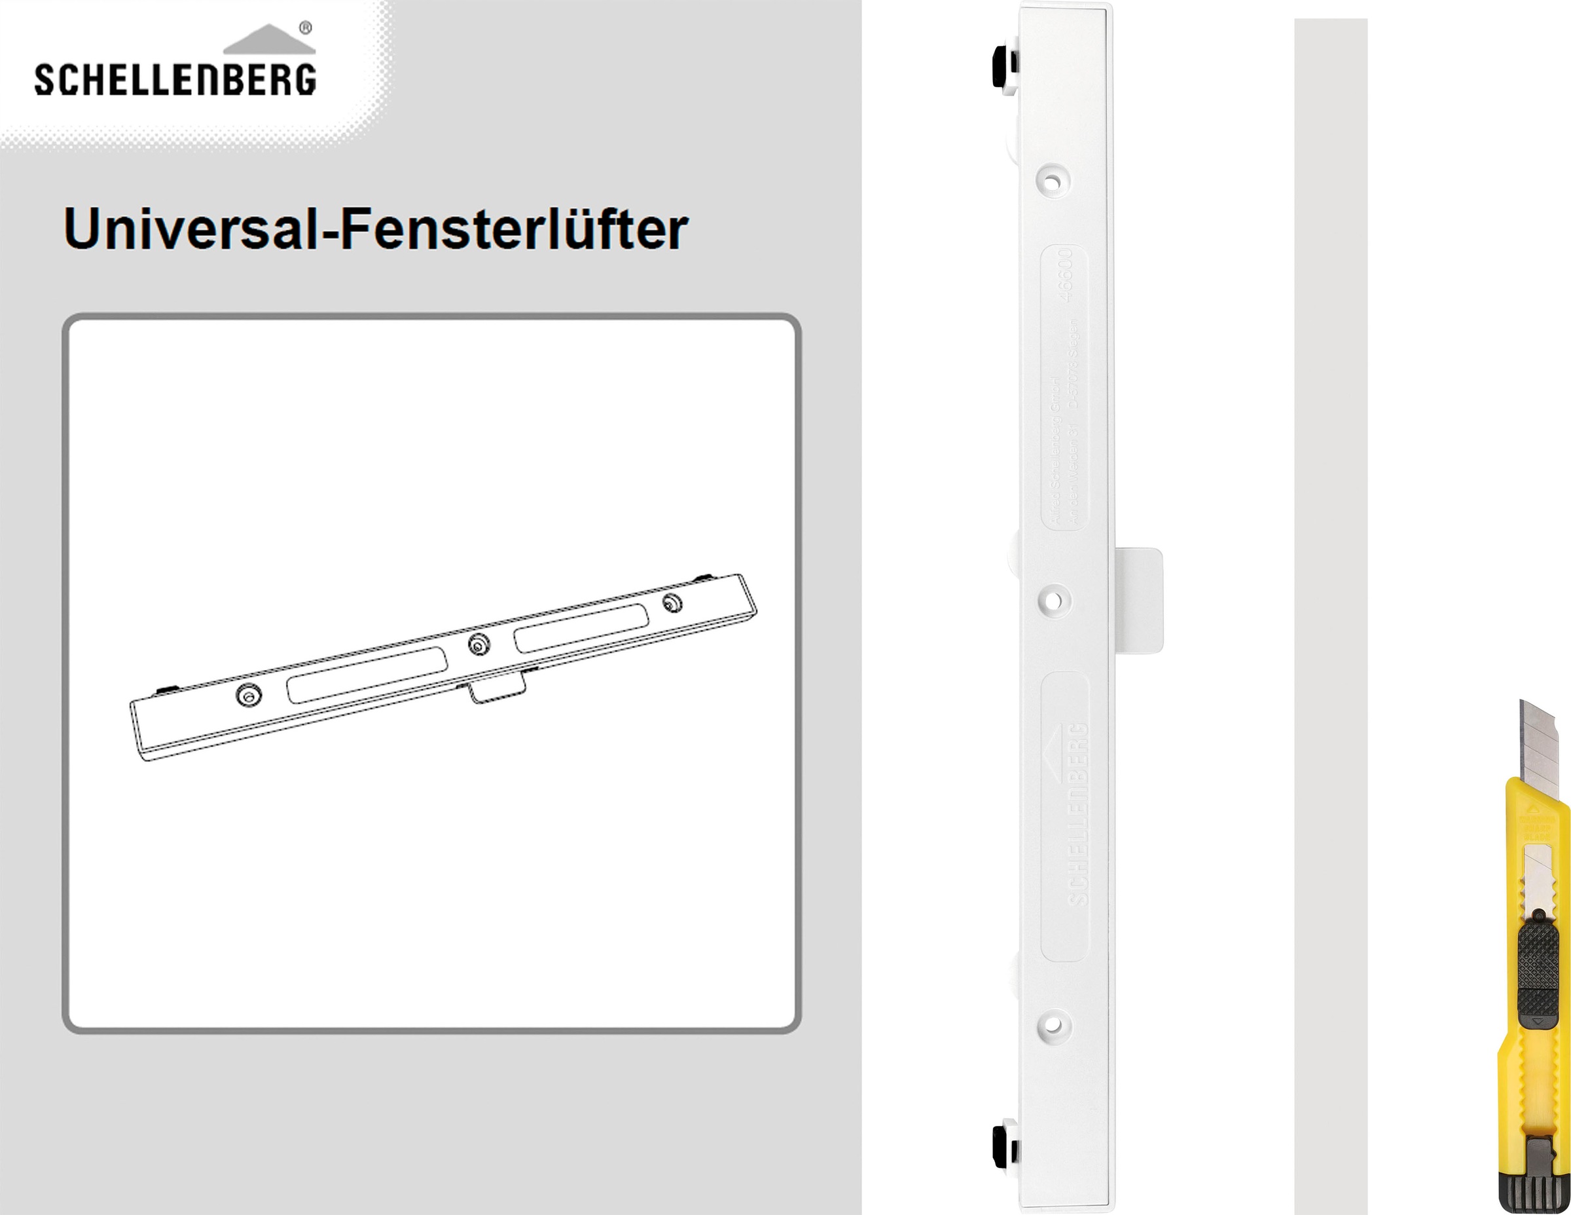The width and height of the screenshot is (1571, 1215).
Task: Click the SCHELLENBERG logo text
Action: tap(175, 79)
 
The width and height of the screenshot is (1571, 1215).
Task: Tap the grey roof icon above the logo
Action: tap(269, 41)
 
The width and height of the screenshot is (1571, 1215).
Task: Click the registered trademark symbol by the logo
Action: tap(305, 28)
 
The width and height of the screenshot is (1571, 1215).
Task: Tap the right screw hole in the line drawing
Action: tap(672, 603)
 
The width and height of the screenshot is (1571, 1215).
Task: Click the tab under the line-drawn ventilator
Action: tap(497, 689)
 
